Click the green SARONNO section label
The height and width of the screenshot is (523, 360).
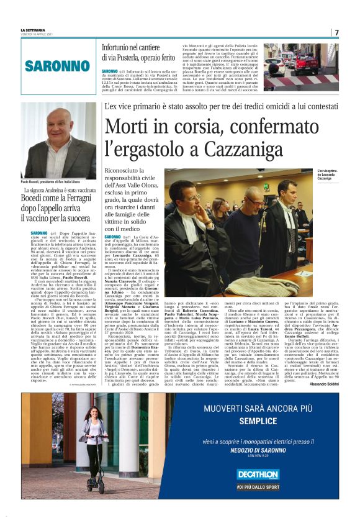(57, 66)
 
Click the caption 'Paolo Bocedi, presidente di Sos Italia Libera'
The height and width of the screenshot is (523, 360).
(56, 182)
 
